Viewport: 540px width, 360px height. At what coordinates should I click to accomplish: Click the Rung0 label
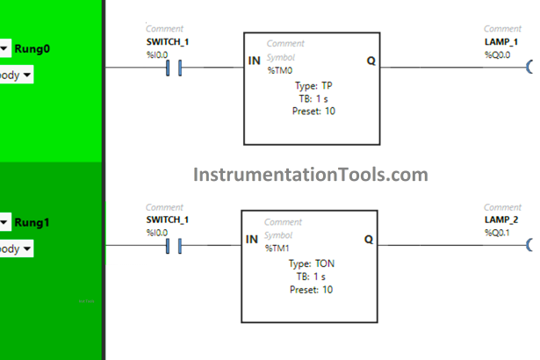coord(32,48)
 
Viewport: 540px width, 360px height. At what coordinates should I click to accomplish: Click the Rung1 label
coord(32,222)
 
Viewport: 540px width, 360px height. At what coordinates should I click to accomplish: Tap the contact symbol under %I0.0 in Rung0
coord(173,68)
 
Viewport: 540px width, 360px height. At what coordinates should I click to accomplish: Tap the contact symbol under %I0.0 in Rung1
coord(173,246)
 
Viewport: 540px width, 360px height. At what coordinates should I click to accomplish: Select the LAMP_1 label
coord(500,42)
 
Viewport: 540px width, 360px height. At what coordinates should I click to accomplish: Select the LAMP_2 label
coord(500,220)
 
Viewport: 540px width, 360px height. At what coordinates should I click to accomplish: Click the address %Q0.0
coord(497,54)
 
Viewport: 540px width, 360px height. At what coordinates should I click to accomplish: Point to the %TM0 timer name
coord(281,70)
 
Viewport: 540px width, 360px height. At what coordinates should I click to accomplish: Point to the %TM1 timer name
coord(278,248)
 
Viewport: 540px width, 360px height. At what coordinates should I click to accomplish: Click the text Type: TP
coord(313,85)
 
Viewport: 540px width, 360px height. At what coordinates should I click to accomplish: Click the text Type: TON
coord(312,263)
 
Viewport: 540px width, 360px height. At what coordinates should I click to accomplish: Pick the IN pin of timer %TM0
coord(255,61)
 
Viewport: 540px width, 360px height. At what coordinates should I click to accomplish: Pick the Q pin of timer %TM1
coord(368,239)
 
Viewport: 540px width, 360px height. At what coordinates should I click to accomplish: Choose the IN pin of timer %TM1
coord(251,239)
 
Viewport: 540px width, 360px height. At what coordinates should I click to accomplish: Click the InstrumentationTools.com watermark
coord(311,175)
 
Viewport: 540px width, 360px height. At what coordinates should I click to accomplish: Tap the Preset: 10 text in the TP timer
coord(313,111)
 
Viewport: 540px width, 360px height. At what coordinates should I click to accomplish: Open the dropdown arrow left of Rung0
coord(5,48)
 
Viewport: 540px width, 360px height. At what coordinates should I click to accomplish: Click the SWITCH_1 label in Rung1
coord(167,220)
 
